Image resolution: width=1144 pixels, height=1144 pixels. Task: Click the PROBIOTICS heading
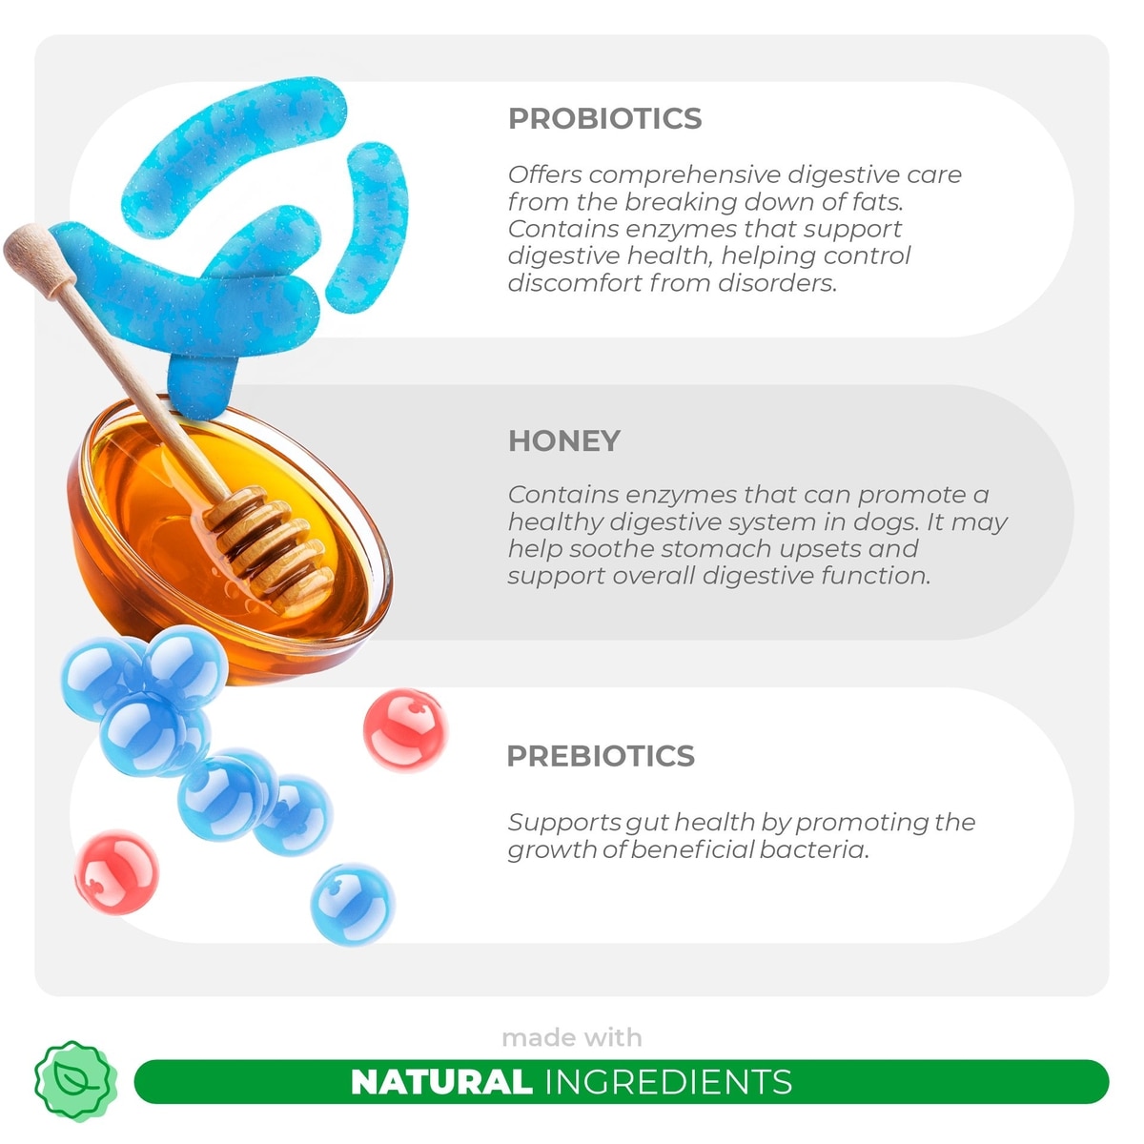(605, 118)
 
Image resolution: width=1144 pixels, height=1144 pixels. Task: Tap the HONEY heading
(564, 441)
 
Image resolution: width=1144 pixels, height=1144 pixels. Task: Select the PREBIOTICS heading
(601, 756)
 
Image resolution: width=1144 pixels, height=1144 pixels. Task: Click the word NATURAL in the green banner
(441, 1081)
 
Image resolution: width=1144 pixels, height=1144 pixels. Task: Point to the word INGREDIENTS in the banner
(668, 1081)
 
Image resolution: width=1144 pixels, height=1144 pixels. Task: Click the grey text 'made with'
(572, 1038)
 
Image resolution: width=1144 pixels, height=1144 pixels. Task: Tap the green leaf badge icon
(75, 1081)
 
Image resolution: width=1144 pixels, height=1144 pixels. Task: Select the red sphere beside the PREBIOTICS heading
(405, 730)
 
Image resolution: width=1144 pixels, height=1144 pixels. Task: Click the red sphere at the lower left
(117, 872)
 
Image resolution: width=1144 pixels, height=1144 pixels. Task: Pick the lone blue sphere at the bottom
(353, 904)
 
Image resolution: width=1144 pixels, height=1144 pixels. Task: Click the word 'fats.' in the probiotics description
(879, 202)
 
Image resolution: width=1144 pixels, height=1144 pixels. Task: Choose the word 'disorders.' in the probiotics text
(777, 283)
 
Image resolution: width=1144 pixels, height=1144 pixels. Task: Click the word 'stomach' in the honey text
(716, 548)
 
